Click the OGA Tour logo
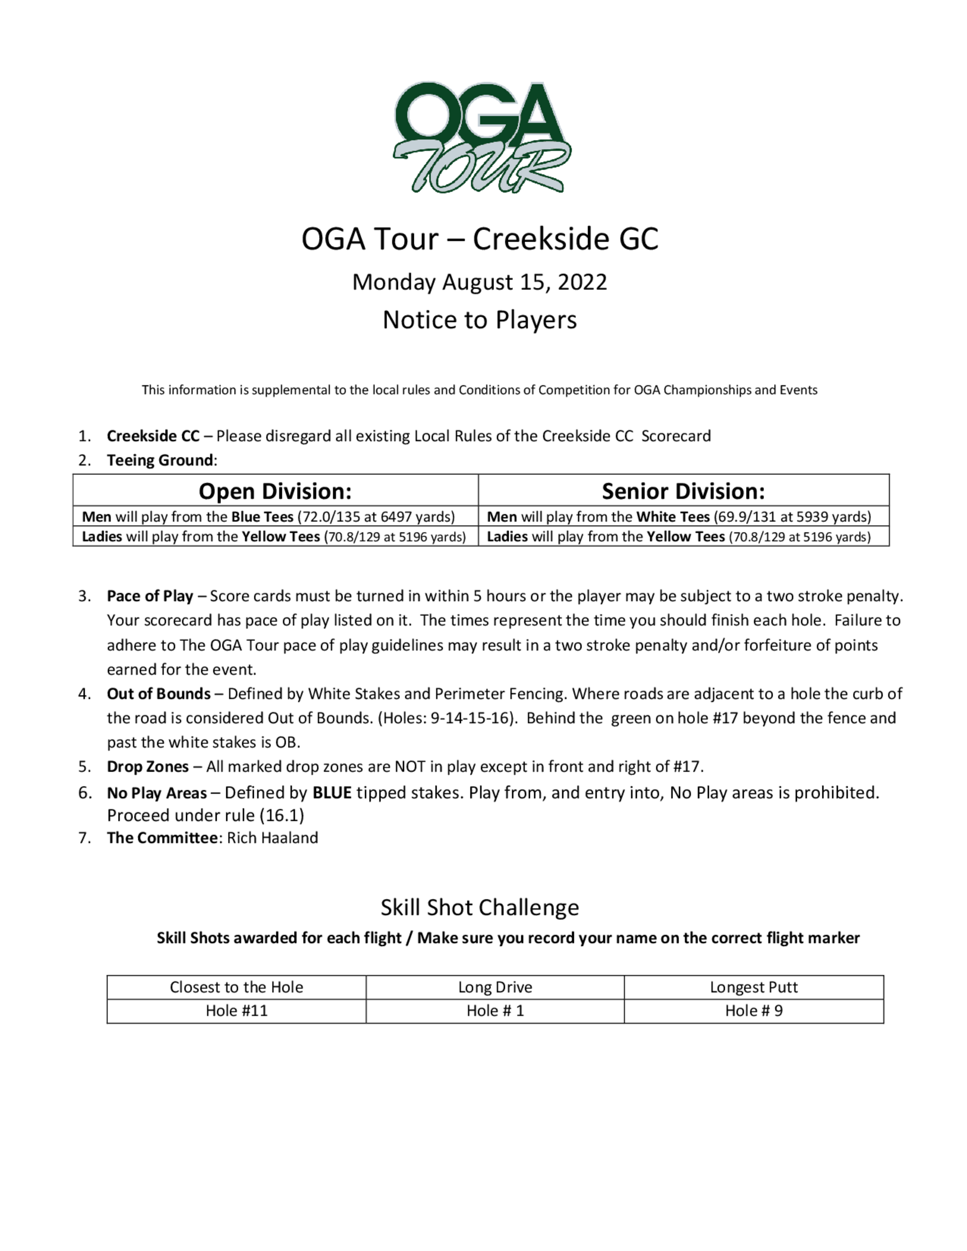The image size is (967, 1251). coord(482,137)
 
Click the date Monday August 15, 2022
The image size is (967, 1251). coord(480,282)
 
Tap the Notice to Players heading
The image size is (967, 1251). coord(480,320)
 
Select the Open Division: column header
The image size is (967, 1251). coord(275,491)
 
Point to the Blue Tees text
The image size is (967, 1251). coord(263,517)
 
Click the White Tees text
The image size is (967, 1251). coord(673,517)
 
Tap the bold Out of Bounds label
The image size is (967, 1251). coord(159,694)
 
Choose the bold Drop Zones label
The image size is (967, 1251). coord(148,767)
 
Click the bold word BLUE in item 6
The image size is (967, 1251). coord(332,793)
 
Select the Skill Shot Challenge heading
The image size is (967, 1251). coord(480,907)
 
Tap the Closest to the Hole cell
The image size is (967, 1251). coord(236,987)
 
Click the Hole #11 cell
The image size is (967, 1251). coord(236,1010)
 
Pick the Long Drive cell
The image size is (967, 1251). coord(495,987)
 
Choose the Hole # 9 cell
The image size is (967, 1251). coord(753,1010)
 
